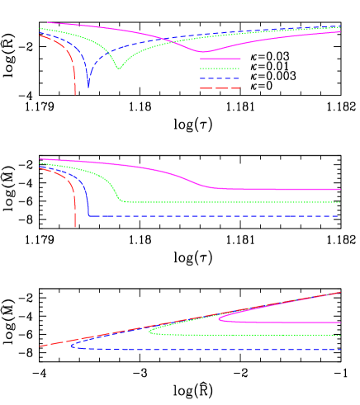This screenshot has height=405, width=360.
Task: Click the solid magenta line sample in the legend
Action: pos(220,59)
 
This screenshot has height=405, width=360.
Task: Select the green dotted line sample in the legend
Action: pos(220,68)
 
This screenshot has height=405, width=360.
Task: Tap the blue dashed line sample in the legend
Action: pos(220,78)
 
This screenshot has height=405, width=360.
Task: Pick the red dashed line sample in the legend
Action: pos(220,88)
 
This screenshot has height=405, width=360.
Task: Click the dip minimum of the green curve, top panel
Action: pos(119,68)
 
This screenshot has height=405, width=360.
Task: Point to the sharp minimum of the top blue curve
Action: pos(88,87)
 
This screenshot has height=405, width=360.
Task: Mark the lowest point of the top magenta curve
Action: pos(205,52)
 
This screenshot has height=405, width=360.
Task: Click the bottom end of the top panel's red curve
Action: pos(75,94)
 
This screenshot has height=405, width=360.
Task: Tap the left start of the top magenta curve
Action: pos(48,23)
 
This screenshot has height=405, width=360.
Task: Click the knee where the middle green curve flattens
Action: pos(122,200)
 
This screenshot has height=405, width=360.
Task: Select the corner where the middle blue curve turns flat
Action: pos(89,215)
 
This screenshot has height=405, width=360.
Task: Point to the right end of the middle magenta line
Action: pos(340,190)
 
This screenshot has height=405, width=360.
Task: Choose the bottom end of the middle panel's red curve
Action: pos(75,226)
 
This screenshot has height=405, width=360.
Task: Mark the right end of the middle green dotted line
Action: pos(340,202)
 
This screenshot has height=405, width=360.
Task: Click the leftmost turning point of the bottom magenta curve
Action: pos(219,318)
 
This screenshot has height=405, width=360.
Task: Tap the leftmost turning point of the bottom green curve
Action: pos(149,332)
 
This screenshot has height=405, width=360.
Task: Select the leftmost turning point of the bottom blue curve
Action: pos(71,346)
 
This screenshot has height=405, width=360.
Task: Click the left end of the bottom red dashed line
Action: pos(40,346)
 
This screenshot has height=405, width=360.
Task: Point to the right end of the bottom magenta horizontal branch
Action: pos(340,323)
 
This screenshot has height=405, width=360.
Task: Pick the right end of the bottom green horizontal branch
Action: pos(340,336)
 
